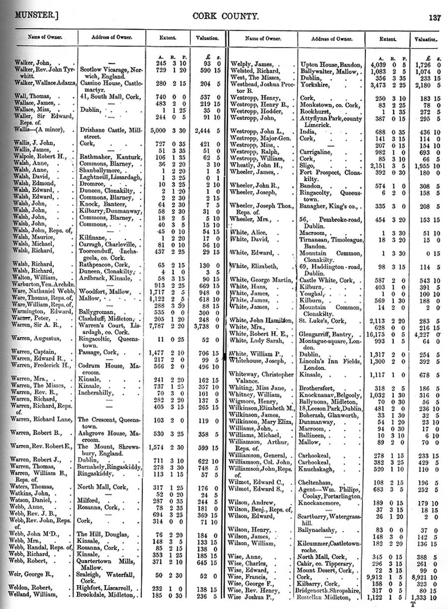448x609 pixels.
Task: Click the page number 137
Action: click(434, 18)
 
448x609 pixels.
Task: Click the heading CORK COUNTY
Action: click(219, 17)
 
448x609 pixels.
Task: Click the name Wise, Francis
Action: click(249, 577)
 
